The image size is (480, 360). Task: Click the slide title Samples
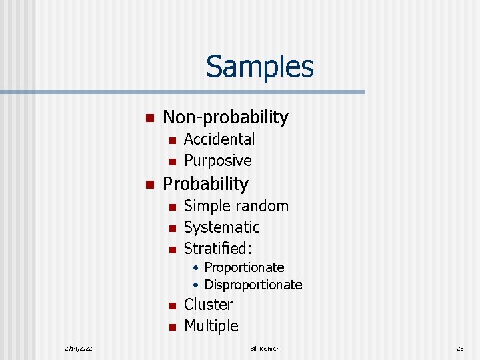(x=259, y=66)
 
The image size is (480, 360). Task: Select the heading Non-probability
(x=225, y=117)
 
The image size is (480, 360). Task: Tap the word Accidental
(x=219, y=139)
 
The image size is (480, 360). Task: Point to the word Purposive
(x=217, y=161)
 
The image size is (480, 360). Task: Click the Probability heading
(x=205, y=183)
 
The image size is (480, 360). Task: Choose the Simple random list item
(x=236, y=206)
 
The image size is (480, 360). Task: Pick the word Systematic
(x=221, y=227)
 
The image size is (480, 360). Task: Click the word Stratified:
(x=219, y=249)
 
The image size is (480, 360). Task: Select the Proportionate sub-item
(x=244, y=267)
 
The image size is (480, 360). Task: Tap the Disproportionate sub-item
(x=253, y=285)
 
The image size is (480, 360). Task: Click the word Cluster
(x=208, y=305)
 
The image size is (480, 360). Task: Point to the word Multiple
(x=211, y=326)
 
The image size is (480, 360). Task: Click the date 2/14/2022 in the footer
(x=79, y=348)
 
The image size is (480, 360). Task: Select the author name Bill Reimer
(x=265, y=348)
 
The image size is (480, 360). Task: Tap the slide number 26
(x=460, y=348)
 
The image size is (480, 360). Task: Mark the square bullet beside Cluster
(x=171, y=306)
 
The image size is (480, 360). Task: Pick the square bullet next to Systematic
(x=171, y=229)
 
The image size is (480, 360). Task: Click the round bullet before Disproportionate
(x=197, y=285)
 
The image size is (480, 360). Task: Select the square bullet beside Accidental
(x=171, y=141)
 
